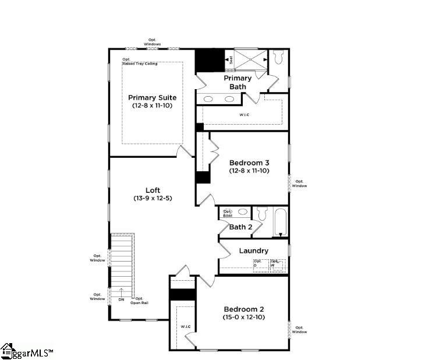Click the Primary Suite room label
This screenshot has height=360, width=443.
pyautogui.click(x=152, y=97)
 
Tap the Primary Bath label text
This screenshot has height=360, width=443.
pyautogui.click(x=238, y=82)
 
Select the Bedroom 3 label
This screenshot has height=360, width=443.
pyautogui.click(x=249, y=163)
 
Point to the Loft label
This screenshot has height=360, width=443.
pyautogui.click(x=153, y=190)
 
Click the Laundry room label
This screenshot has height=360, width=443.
pyautogui.click(x=254, y=250)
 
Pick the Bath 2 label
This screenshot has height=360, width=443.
pyautogui.click(x=240, y=227)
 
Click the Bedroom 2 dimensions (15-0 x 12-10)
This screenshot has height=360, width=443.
pyautogui.click(x=244, y=317)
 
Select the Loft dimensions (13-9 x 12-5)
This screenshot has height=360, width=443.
pyautogui.click(x=153, y=198)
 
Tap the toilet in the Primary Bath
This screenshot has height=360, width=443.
pyautogui.click(x=278, y=58)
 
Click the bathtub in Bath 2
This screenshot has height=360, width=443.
pyautogui.click(x=281, y=222)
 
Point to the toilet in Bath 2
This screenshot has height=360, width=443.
pyautogui.click(x=262, y=214)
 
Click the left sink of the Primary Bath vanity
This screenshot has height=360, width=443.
pyautogui.click(x=208, y=99)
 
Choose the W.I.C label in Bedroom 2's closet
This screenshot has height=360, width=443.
pyautogui.click(x=186, y=326)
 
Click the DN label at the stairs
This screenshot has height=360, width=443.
pyautogui.click(x=121, y=299)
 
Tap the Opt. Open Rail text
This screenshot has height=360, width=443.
pyautogui.click(x=139, y=301)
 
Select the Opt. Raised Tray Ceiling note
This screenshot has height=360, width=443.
pyautogui.click(x=140, y=61)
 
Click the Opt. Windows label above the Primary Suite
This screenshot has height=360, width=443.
pyautogui.click(x=153, y=43)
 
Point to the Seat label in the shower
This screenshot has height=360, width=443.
pyautogui.click(x=231, y=59)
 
